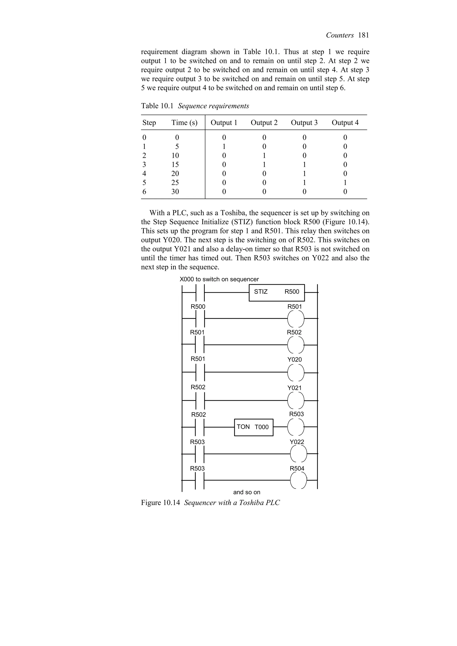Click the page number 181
[x=364, y=35]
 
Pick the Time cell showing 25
[x=175, y=183]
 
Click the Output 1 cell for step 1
[x=224, y=147]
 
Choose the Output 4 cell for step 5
[x=345, y=183]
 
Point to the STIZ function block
[x=276, y=293]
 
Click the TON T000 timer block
[x=253, y=427]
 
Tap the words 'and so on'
[x=247, y=492]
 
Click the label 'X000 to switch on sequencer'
[x=219, y=279]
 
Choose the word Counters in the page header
[x=340, y=35]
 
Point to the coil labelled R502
[x=296, y=345]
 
